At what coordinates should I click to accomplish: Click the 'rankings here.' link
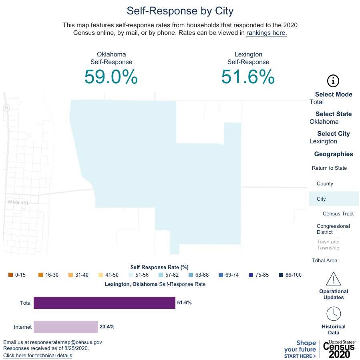[x=266, y=33]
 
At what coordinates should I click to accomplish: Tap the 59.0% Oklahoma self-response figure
[x=111, y=76]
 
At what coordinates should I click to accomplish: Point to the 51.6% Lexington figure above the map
[x=248, y=76]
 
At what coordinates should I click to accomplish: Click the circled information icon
[x=333, y=80]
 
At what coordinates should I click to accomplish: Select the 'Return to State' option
[x=329, y=168]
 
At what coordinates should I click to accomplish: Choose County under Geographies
[x=325, y=184]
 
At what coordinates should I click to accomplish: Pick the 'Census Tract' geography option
[x=338, y=214]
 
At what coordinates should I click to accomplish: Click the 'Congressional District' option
[x=333, y=229]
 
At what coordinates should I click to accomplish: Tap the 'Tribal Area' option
[x=324, y=261]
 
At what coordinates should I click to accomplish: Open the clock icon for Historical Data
[x=334, y=314]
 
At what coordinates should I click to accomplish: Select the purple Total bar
[x=104, y=303]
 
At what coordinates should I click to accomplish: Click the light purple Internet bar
[x=66, y=327]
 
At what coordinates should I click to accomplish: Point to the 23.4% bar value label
[x=107, y=327]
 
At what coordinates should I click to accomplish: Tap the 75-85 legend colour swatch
[x=251, y=275]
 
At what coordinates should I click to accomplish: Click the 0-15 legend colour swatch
[x=10, y=275]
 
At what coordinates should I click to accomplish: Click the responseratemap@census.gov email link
[x=66, y=342]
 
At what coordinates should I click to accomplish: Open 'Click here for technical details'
[x=38, y=356]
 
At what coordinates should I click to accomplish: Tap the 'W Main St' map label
[x=18, y=203]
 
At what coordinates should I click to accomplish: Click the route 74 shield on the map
[x=6, y=108]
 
